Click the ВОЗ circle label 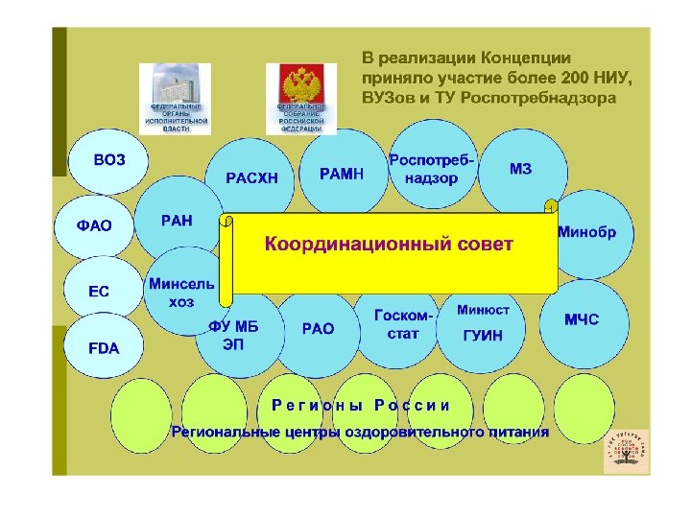[109, 160]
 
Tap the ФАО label [94, 226]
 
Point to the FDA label [104, 347]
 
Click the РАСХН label [251, 177]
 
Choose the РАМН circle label [342, 174]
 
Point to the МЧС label [582, 319]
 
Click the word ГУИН [482, 335]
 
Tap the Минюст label [483, 310]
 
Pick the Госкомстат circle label [403, 324]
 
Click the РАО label [318, 328]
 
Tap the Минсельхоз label [181, 293]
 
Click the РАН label [177, 221]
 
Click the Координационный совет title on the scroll [389, 245]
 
